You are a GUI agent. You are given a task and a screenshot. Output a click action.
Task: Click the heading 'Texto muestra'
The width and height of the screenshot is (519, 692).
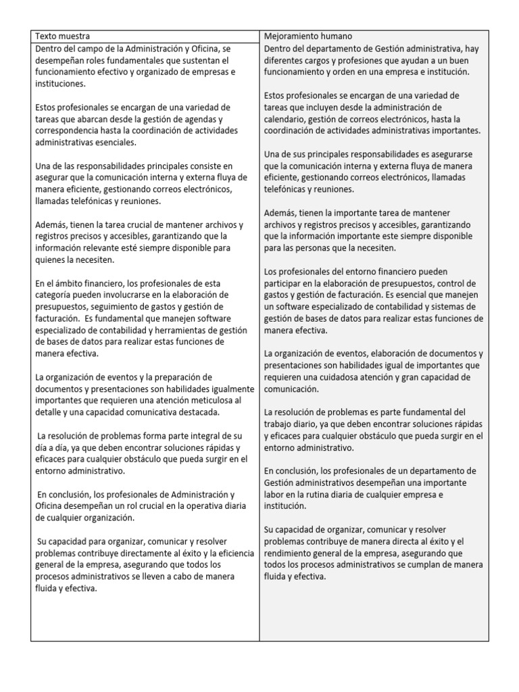61,36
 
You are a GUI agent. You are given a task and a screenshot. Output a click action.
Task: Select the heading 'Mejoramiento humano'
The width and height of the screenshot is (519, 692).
307,36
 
